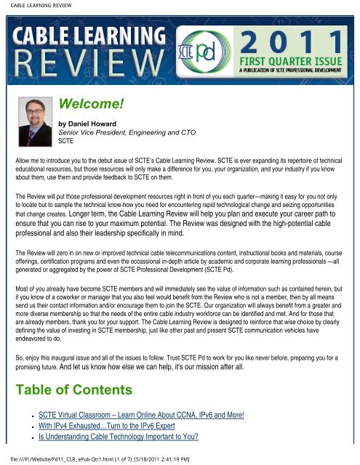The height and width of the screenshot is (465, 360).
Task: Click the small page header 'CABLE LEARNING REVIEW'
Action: [x=34, y=6]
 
